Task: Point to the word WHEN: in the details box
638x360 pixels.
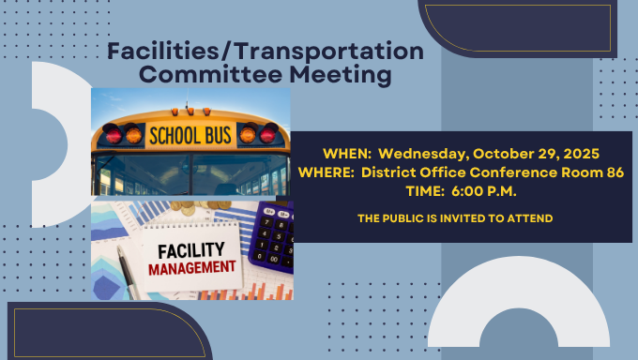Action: coord(348,154)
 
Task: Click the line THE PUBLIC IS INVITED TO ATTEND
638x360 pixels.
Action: coord(455,218)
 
